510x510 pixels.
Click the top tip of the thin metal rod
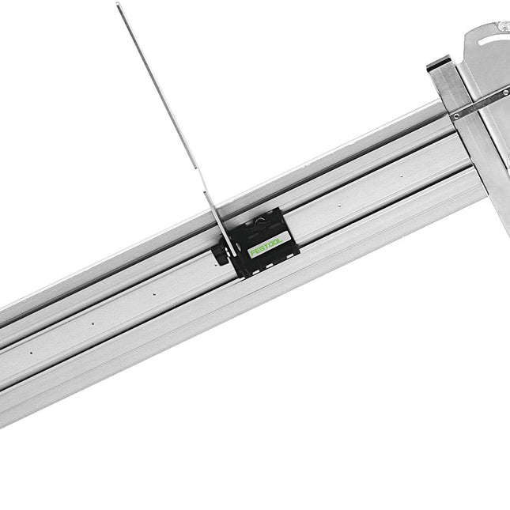(118, 5)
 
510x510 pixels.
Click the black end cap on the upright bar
(437, 64)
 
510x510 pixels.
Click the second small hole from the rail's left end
(92, 323)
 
